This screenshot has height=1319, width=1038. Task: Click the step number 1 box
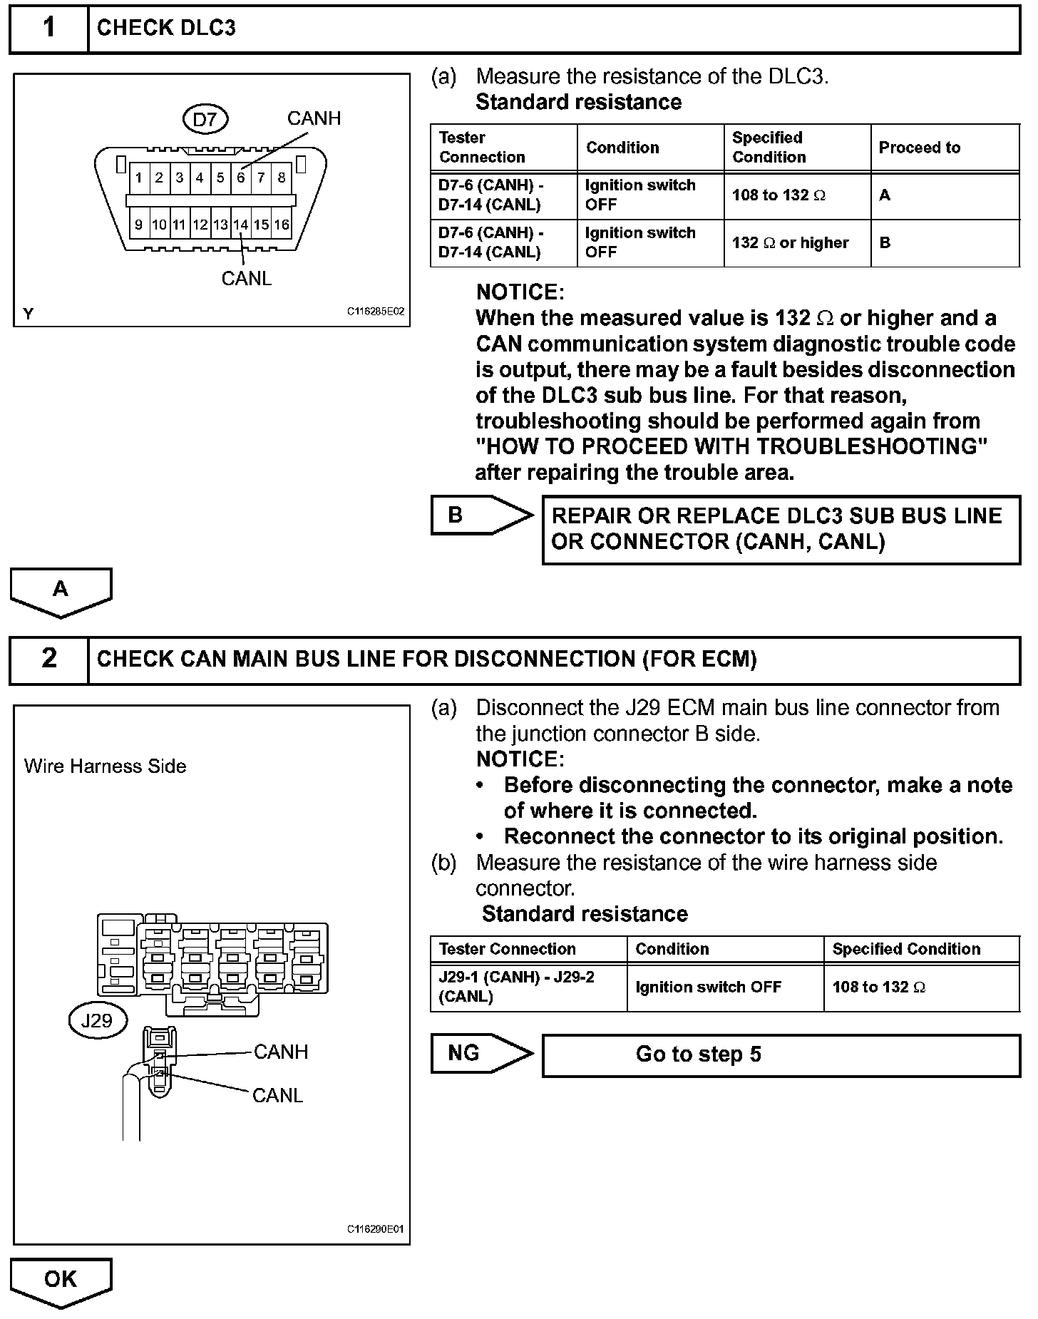[48, 29]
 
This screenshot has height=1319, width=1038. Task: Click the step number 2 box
[48, 658]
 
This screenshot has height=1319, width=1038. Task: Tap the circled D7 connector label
[205, 119]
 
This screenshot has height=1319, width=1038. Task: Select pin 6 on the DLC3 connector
[241, 178]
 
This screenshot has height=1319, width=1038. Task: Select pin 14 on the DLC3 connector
[241, 225]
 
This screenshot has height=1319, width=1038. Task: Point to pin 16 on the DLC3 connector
[282, 225]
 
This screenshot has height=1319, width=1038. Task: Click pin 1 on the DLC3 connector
[139, 178]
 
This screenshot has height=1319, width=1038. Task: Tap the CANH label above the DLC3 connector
[314, 118]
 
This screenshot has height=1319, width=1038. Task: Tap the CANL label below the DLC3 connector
[247, 279]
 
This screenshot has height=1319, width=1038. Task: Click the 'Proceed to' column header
[920, 148]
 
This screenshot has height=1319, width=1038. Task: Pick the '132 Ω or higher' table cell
[790, 243]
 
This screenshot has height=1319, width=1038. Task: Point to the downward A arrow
[61, 590]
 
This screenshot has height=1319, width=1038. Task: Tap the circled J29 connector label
[97, 1020]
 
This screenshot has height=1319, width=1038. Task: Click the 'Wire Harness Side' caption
[106, 766]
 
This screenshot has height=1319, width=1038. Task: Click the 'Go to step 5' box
[781, 1054]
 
